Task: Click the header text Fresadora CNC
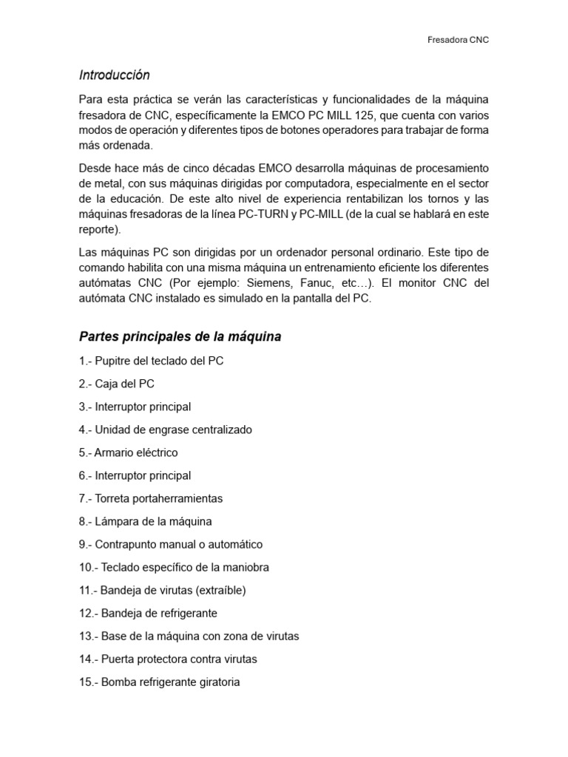pyautogui.click(x=459, y=40)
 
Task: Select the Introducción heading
pyautogui.click(x=114, y=75)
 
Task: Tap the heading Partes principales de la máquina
pyautogui.click(x=180, y=337)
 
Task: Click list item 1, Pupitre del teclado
pyautogui.click(x=151, y=361)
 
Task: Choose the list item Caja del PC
pyautogui.click(x=117, y=384)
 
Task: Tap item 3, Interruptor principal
pyautogui.click(x=135, y=407)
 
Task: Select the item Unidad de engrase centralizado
pyautogui.click(x=166, y=430)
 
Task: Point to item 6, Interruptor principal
pyautogui.click(x=135, y=475)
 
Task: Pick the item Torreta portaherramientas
pyautogui.click(x=151, y=498)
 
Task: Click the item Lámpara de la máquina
pyautogui.click(x=146, y=521)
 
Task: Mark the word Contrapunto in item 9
pyautogui.click(x=126, y=544)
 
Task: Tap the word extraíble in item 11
pyautogui.click(x=220, y=590)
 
